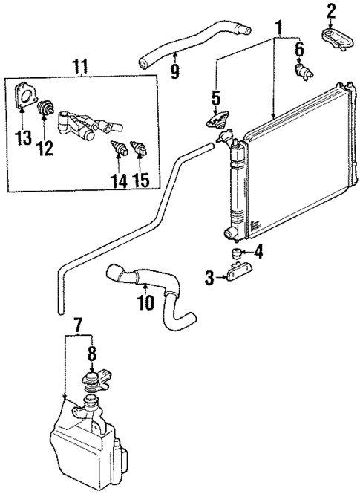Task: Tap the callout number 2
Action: point(331,11)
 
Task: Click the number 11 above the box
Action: point(81,68)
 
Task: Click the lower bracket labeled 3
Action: point(235,277)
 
